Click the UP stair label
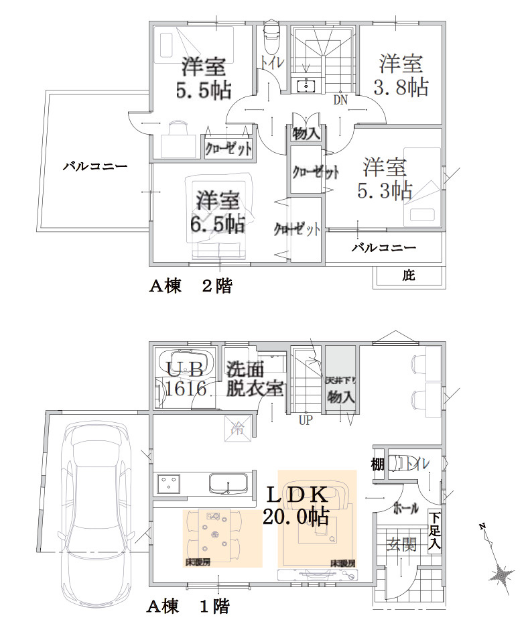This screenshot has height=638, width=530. pyautogui.click(x=306, y=420)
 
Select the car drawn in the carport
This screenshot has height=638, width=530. pyautogui.click(x=98, y=509)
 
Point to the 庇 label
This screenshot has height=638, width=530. pyautogui.click(x=409, y=275)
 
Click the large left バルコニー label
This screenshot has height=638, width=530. pyautogui.click(x=95, y=166)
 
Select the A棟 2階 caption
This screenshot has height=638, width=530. pyautogui.click(x=190, y=286)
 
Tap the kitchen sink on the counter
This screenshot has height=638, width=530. pyautogui.click(x=228, y=483)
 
